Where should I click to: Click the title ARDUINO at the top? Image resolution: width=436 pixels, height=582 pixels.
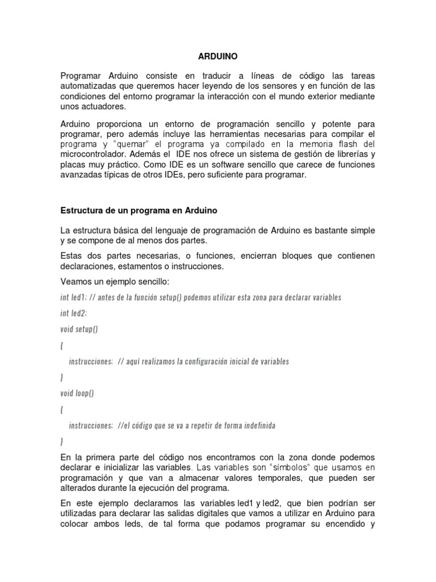[x=217, y=57]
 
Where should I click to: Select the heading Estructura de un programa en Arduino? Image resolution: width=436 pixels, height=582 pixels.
[x=139, y=210]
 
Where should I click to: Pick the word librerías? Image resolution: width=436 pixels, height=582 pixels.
[x=347, y=155]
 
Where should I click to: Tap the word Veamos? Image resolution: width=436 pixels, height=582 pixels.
[x=77, y=282]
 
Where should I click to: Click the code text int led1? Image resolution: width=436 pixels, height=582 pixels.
[x=73, y=297]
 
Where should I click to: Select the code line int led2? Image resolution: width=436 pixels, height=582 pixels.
[x=73, y=313]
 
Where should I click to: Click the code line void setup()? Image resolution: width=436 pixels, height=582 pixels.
[x=79, y=329]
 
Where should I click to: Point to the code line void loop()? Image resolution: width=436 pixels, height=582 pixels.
[x=77, y=393]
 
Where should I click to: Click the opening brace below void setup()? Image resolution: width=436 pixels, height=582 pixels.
[x=62, y=345]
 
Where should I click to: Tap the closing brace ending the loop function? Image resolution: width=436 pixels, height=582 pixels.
[x=62, y=440]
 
